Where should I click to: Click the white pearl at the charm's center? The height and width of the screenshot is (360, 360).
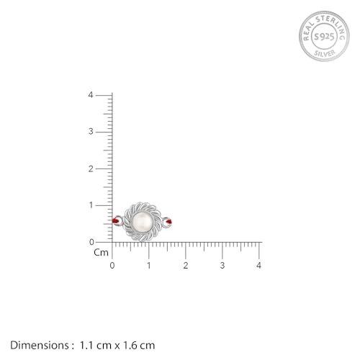143,222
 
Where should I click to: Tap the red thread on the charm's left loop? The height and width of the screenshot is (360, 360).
115,220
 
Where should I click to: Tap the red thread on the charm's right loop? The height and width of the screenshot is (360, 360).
169,222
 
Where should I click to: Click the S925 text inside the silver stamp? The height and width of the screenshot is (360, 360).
324,37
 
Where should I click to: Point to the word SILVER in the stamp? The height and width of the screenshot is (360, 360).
325,53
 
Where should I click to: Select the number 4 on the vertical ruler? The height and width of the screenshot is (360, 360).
91,95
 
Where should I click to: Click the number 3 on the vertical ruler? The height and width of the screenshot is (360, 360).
91,132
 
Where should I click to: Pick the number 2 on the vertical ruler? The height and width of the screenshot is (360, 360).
91,169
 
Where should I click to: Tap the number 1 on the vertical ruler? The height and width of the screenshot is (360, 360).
91,205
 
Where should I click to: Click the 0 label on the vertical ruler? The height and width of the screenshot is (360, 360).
91,242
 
